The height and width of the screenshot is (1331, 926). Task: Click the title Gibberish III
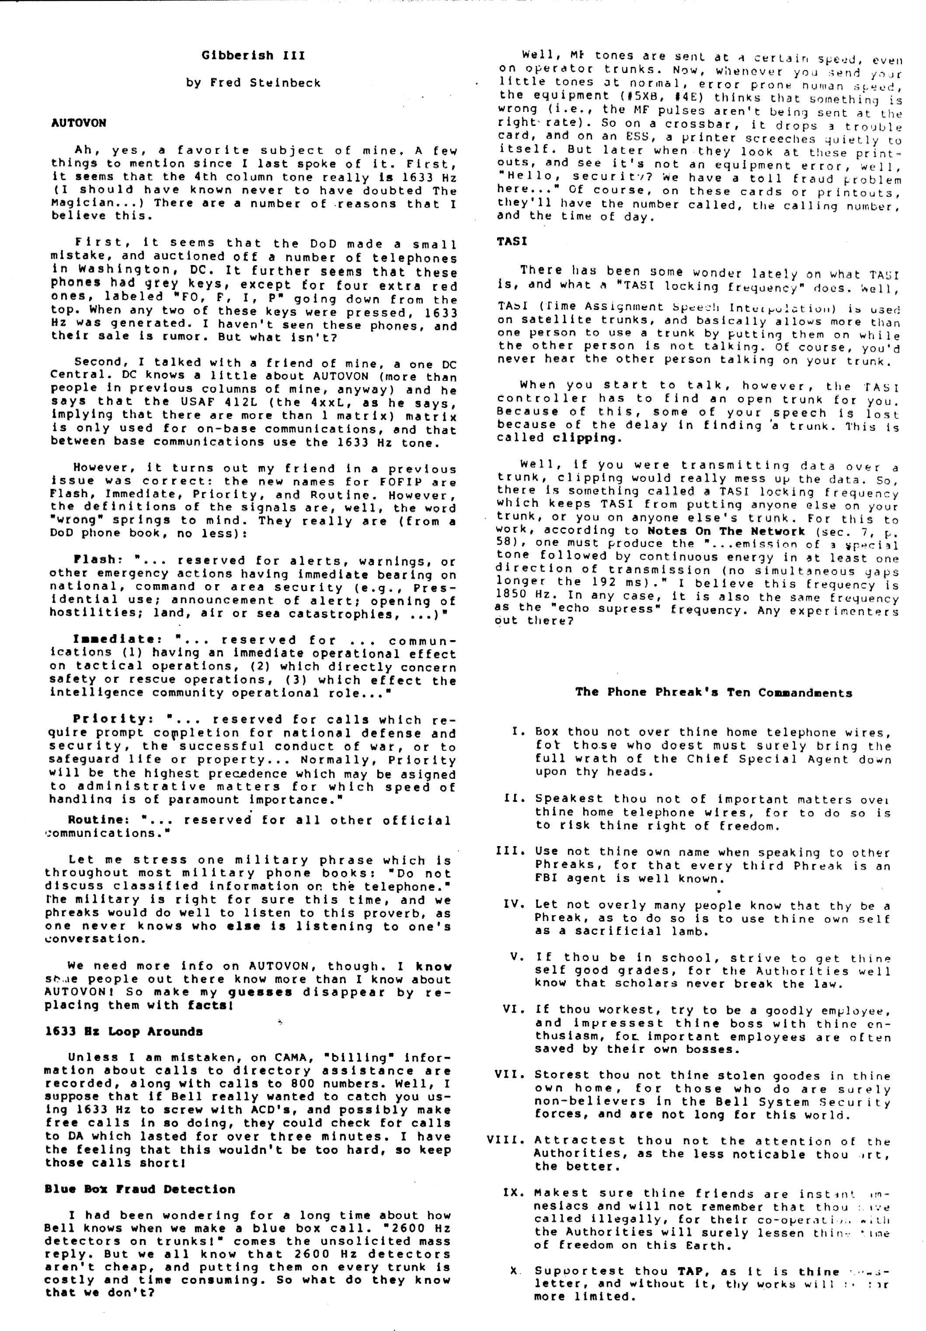253,56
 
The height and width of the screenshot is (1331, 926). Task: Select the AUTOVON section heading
79,123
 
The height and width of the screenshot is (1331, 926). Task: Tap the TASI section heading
512,241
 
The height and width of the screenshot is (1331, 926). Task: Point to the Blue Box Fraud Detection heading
139,1189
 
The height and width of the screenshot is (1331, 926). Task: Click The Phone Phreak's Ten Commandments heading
714,692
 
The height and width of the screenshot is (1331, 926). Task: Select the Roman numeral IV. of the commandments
514,904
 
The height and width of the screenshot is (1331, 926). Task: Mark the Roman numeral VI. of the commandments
513,1009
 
